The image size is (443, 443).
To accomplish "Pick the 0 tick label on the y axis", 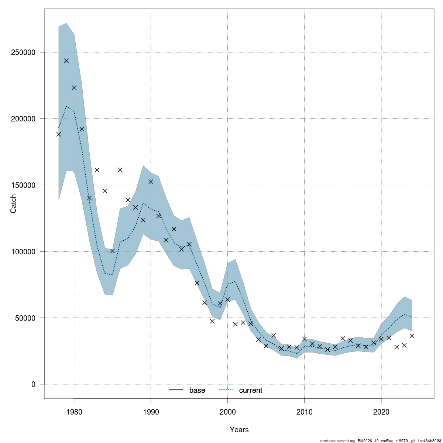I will [x=34, y=384].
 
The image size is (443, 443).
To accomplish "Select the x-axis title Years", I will [x=239, y=430].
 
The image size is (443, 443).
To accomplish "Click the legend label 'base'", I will [x=197, y=390].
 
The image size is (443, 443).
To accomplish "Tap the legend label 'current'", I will [x=251, y=390].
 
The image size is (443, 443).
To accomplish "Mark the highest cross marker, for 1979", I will [x=66, y=61].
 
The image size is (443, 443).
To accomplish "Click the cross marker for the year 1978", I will [x=59, y=134].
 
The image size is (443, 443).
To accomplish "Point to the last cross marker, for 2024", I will [x=412, y=336].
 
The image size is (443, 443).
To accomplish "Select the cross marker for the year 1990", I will [x=151, y=181].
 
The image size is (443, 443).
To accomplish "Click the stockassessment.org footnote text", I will [x=380, y=441].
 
